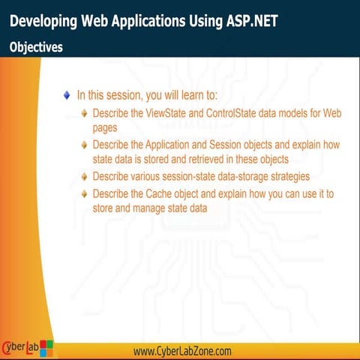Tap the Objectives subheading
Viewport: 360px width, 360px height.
[36, 46]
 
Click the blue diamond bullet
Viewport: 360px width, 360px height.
[67, 95]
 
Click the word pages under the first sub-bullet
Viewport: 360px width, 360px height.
[104, 127]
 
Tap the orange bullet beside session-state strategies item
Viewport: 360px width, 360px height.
[84, 177]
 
